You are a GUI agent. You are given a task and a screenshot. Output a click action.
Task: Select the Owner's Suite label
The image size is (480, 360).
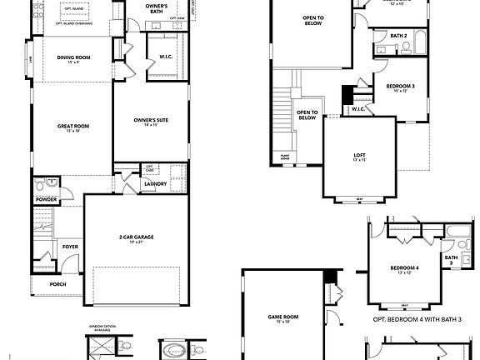click(x=152, y=121)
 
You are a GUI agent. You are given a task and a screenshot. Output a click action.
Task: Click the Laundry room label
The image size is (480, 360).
click(x=155, y=183)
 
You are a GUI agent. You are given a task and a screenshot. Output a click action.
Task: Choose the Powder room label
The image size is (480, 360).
click(x=45, y=200)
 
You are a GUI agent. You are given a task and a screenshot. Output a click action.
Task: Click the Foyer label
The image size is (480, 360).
click(x=70, y=247)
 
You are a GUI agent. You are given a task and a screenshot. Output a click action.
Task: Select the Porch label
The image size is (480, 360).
click(x=57, y=283)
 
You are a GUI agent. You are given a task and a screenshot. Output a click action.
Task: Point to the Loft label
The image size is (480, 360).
click(x=359, y=156)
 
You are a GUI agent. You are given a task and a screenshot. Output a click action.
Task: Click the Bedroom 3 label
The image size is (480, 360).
click(x=400, y=87)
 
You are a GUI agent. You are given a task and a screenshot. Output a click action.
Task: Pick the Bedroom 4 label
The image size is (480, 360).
click(x=404, y=267)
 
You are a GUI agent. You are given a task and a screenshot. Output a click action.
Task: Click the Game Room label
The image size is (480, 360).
click(x=279, y=317)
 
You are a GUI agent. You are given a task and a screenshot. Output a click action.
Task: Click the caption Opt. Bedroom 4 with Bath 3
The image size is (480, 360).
click(x=410, y=319)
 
